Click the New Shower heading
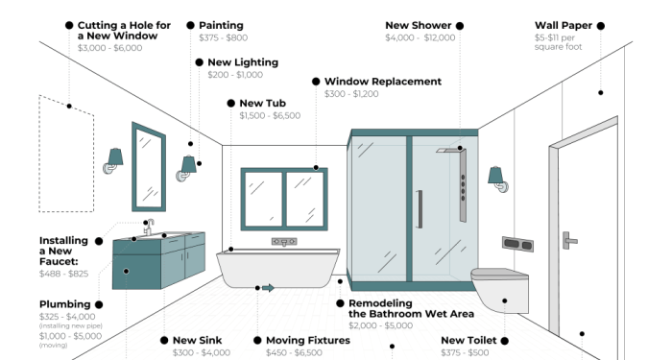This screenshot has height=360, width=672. coord(418,25)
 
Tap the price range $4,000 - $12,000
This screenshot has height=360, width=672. coord(420,37)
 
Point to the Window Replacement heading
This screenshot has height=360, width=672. coord(383,82)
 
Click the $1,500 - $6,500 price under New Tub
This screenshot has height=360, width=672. coord(263,115)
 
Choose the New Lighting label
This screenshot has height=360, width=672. coord(243,62)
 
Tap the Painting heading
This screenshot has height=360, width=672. coord(221,25)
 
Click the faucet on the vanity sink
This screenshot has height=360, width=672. coord(149,227)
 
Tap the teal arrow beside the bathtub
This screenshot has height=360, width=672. coord(268,287)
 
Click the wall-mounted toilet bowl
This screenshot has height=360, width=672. coord(499,287)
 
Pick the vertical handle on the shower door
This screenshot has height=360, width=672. coord(419,208)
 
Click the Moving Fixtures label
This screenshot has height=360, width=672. coord(308,340)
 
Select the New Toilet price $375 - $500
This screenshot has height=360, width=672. coord(465,352)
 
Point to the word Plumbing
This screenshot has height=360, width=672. coord(64,304)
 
